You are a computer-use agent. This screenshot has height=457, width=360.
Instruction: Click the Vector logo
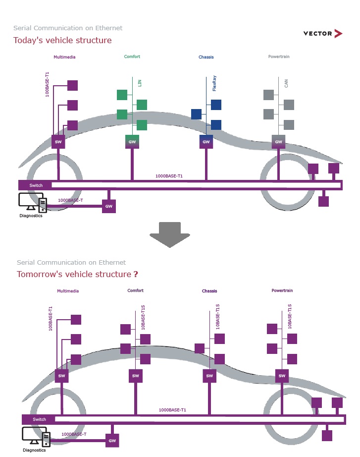tap(322, 34)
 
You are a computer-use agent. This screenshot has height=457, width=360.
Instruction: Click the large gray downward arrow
tap(170, 234)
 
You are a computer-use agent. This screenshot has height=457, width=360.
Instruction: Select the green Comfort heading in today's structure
tap(132, 57)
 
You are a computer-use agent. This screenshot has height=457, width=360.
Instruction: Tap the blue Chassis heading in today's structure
tap(206, 57)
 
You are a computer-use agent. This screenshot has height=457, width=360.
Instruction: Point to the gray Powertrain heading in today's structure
tap(279, 57)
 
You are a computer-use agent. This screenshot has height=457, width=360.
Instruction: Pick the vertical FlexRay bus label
tap(214, 83)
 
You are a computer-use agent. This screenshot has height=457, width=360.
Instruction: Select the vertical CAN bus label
tap(287, 83)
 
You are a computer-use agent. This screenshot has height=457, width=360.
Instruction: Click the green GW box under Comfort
tap(132, 142)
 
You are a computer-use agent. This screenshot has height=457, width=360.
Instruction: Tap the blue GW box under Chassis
tap(206, 142)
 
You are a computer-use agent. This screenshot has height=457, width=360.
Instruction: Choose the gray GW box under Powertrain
tap(279, 142)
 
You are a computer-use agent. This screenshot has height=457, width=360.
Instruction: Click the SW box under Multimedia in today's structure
tap(58, 142)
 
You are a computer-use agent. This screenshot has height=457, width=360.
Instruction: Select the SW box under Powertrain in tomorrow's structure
tap(282, 376)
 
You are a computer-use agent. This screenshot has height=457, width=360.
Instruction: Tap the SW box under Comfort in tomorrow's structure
tap(136, 376)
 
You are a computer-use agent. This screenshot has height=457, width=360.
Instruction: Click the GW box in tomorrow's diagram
tap(112, 440)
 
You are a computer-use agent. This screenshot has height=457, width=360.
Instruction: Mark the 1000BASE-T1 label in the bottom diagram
tap(172, 410)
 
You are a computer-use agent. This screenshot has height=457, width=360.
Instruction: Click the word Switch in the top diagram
tap(36, 185)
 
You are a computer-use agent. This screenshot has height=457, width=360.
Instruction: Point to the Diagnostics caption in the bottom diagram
tap(34, 450)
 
